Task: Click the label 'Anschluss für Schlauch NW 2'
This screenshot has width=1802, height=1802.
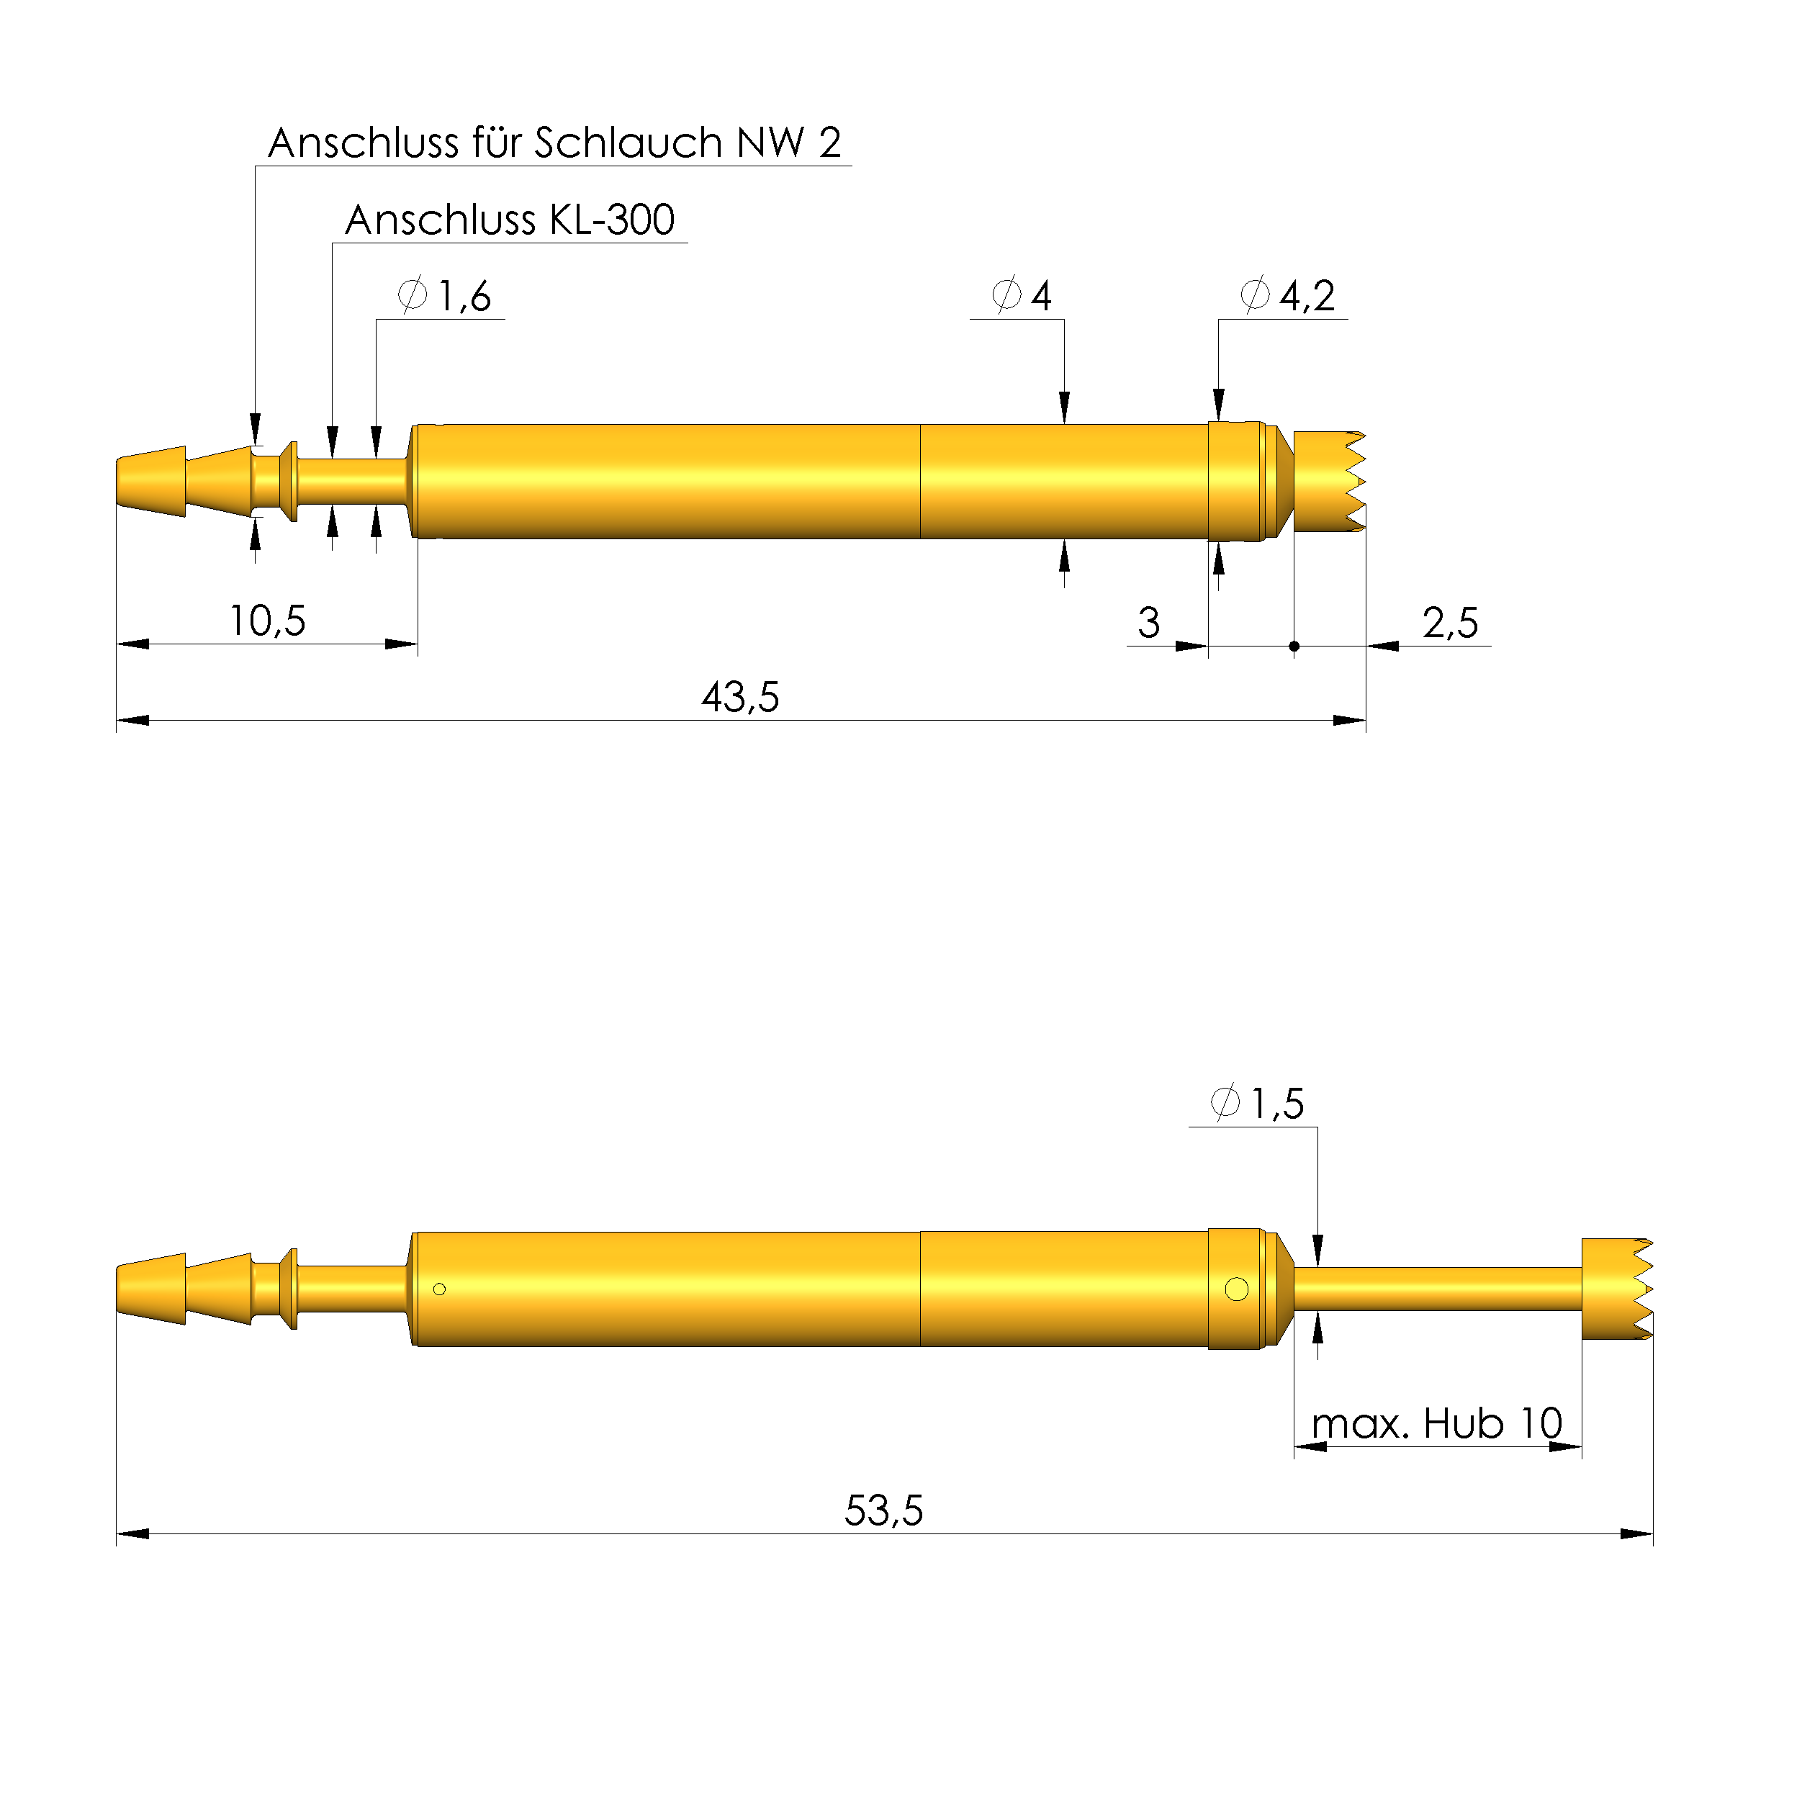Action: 555,143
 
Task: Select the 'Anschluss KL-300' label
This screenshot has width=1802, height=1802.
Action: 509,220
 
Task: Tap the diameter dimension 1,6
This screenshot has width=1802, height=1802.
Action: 444,296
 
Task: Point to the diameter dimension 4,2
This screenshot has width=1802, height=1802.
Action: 1288,296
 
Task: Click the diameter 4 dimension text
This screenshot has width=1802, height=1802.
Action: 1022,296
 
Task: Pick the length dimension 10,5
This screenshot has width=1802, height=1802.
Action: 268,621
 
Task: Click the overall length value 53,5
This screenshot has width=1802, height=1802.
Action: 884,1511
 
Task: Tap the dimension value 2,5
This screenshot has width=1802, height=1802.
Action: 1451,622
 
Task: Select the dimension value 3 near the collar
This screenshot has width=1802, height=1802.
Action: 1149,622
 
